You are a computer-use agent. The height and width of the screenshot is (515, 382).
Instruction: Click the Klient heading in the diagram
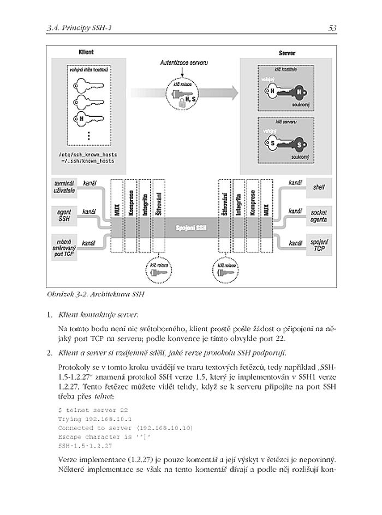point(86,52)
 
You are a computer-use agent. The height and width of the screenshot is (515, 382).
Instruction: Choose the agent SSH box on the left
point(64,215)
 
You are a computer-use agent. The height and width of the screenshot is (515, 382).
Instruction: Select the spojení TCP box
point(319,243)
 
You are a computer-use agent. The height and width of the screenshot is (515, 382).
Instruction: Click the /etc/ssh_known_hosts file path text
point(88,154)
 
